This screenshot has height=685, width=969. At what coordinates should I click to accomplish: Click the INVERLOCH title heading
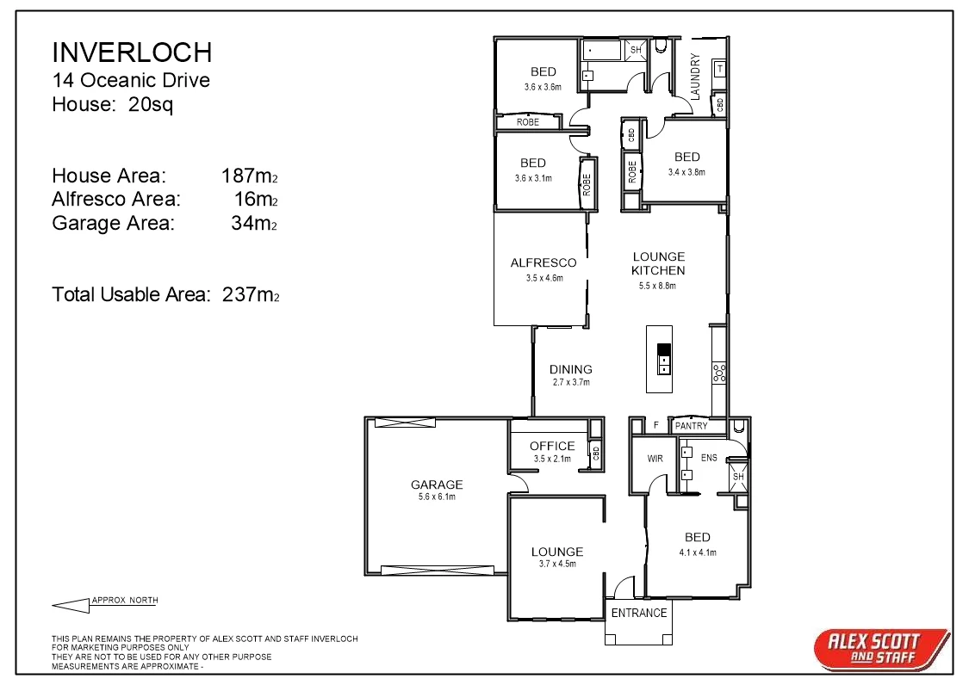click(132, 52)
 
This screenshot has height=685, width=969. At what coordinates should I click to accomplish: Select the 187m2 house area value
click(249, 176)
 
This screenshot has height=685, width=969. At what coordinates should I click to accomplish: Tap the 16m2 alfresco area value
click(255, 199)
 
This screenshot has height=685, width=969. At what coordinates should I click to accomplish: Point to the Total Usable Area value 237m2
click(251, 294)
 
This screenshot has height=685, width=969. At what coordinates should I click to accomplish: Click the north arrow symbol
click(71, 605)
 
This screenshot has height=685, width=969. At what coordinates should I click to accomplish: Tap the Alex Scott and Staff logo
click(881, 648)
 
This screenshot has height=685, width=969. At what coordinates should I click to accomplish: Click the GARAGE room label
click(437, 484)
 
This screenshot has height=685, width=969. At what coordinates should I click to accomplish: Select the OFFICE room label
click(552, 446)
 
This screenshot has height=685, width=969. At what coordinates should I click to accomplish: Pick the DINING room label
click(571, 369)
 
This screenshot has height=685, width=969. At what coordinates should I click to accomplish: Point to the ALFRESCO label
click(544, 262)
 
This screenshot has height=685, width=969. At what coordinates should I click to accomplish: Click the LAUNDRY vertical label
click(695, 77)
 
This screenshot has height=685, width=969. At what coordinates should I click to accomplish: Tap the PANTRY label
click(691, 426)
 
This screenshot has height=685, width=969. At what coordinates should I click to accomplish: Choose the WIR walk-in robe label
click(655, 459)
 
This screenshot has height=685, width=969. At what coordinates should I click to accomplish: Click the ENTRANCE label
click(639, 613)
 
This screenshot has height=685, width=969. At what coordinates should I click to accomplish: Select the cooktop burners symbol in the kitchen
click(718, 373)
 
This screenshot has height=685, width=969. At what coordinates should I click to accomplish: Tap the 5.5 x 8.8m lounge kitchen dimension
click(659, 286)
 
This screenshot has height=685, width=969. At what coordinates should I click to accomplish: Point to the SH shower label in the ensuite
click(737, 477)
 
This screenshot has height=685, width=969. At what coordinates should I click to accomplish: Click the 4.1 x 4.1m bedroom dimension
click(698, 552)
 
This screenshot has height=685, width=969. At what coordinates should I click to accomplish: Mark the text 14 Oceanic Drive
click(131, 81)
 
